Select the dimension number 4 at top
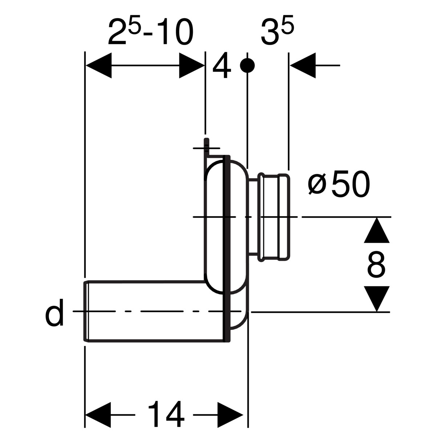tap(222, 68)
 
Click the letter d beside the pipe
tap(54, 313)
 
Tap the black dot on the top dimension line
tap(247, 65)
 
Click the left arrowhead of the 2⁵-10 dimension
tap(98, 66)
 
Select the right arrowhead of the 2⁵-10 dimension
tap(192, 66)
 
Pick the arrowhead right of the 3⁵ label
tap(303, 65)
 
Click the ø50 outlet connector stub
tap(274, 217)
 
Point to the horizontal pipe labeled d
tap(153, 311)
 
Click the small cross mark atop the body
tap(206, 148)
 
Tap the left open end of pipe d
tap(86, 311)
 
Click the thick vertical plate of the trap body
tap(227, 247)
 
